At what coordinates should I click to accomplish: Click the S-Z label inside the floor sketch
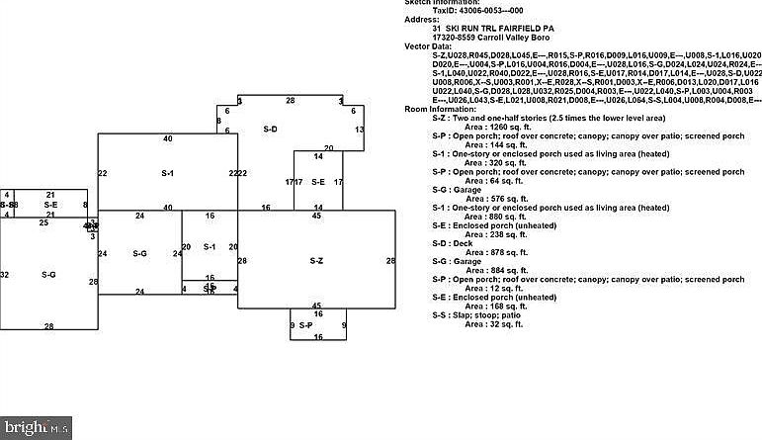316,261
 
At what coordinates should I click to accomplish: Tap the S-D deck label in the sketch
270,130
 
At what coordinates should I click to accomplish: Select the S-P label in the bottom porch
305,325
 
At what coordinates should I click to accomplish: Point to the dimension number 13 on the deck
360,130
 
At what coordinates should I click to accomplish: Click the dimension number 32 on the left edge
5,274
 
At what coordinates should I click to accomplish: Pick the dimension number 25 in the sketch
43,223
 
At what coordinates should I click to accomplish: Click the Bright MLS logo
36,428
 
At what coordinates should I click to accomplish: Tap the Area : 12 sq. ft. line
493,288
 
